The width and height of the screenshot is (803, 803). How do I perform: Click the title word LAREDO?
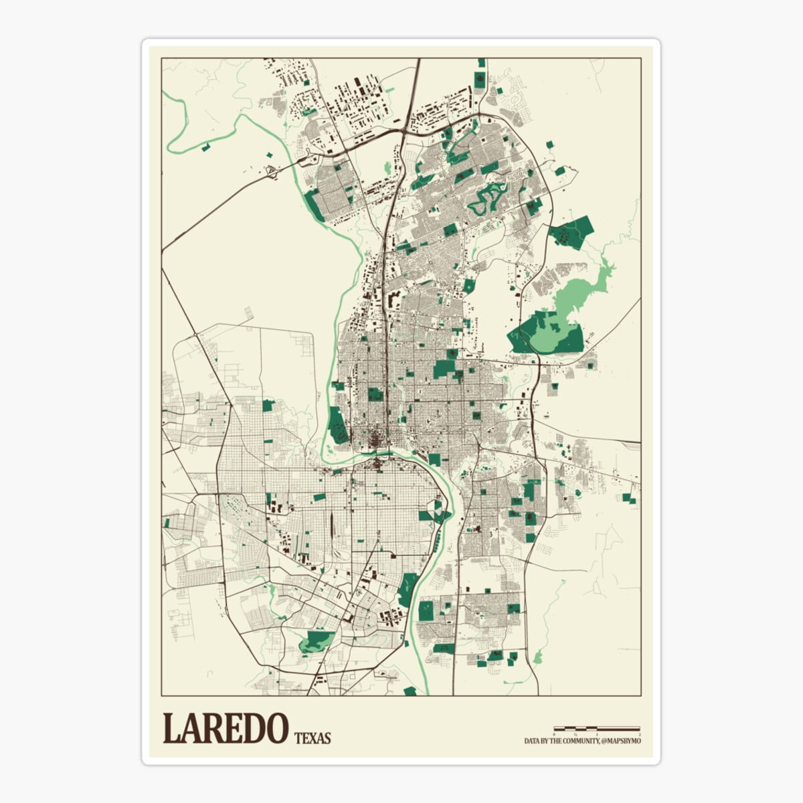pos(226,729)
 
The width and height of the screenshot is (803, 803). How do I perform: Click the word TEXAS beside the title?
pos(313,738)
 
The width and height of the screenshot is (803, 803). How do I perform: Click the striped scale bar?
pos(596,728)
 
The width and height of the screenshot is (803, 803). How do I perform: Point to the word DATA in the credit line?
pos(532,741)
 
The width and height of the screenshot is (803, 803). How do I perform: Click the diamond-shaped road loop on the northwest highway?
pos(272,171)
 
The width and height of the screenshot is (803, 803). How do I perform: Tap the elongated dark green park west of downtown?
pos(337,426)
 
